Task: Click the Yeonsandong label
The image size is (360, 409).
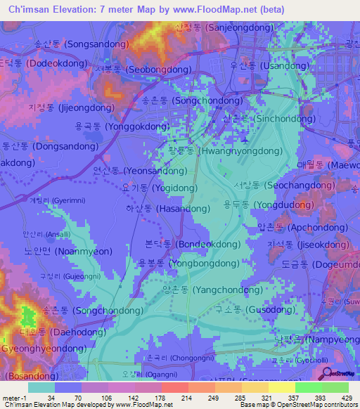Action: pos(139,171)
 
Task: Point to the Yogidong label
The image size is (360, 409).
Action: pos(159,188)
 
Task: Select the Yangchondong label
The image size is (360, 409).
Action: pos(202,289)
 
